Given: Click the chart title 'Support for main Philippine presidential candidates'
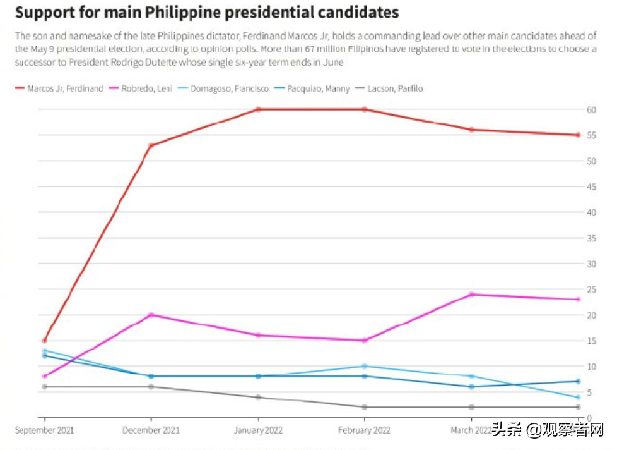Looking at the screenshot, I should (207, 12).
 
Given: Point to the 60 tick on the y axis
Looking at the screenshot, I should (591, 109).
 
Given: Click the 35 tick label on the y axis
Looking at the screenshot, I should (591, 238).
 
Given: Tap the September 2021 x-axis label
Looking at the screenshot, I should (44, 430).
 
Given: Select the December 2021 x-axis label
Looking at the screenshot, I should (151, 430).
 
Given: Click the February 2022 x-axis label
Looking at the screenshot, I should (364, 430).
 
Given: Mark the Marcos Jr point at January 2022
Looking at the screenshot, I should (257, 109).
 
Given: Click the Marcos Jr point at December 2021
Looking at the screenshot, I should (151, 145).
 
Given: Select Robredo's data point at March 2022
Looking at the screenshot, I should (471, 295).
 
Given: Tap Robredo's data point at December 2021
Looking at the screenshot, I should (151, 315).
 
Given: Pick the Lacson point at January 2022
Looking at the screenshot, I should (257, 397).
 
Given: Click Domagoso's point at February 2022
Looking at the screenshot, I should (364, 366).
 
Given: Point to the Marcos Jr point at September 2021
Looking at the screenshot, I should (44, 341).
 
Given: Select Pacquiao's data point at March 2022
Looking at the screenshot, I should (471, 387).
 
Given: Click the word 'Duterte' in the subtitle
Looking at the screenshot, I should (235, 63).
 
